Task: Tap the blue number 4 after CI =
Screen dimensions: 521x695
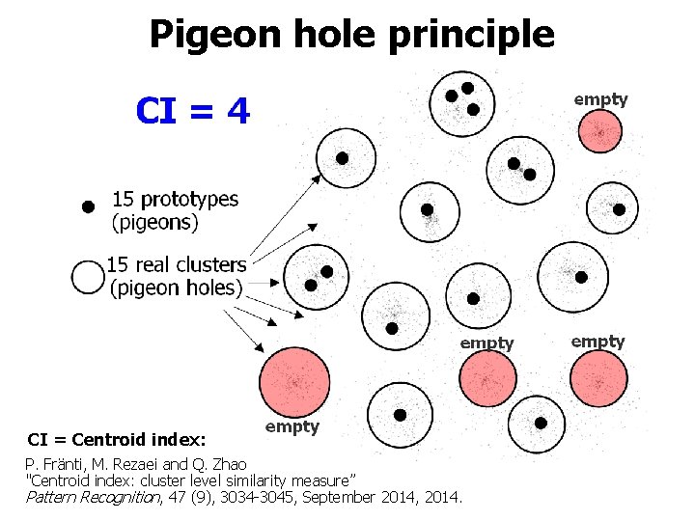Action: click(238, 112)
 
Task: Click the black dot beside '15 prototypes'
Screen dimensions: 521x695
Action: click(88, 206)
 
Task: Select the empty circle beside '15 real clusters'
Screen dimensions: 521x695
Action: click(88, 277)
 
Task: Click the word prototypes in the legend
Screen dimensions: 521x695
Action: click(188, 200)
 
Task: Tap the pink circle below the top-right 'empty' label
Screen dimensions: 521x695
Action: click(600, 130)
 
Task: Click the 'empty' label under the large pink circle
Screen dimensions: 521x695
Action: click(292, 426)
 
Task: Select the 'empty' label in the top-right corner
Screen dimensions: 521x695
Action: click(600, 98)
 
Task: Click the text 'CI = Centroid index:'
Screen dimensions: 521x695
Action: click(116, 440)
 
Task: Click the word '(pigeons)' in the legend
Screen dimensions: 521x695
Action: click(155, 223)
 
